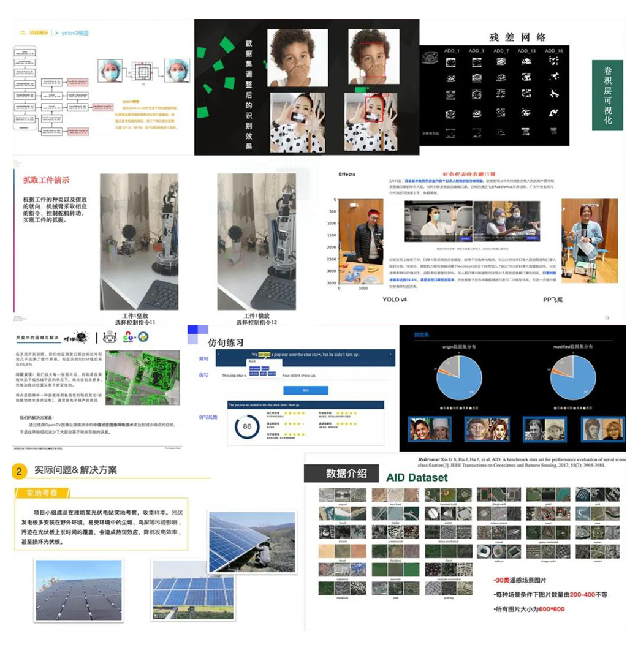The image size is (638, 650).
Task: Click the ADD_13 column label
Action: pyautogui.click(x=526, y=51)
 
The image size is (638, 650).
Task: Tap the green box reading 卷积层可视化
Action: pyautogui.click(x=607, y=95)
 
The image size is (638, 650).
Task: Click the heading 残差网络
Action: pyautogui.click(x=517, y=37)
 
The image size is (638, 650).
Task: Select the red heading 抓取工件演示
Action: pyautogui.click(x=46, y=180)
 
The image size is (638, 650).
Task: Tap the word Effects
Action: pyautogui.click(x=347, y=175)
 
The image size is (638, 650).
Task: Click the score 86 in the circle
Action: pyautogui.click(x=247, y=426)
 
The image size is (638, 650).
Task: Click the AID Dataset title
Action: pyautogui.click(x=417, y=477)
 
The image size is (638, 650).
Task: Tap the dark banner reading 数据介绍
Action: pyautogui.click(x=346, y=473)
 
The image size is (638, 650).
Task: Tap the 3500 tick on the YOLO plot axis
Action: pyautogui.click(x=333, y=283)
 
